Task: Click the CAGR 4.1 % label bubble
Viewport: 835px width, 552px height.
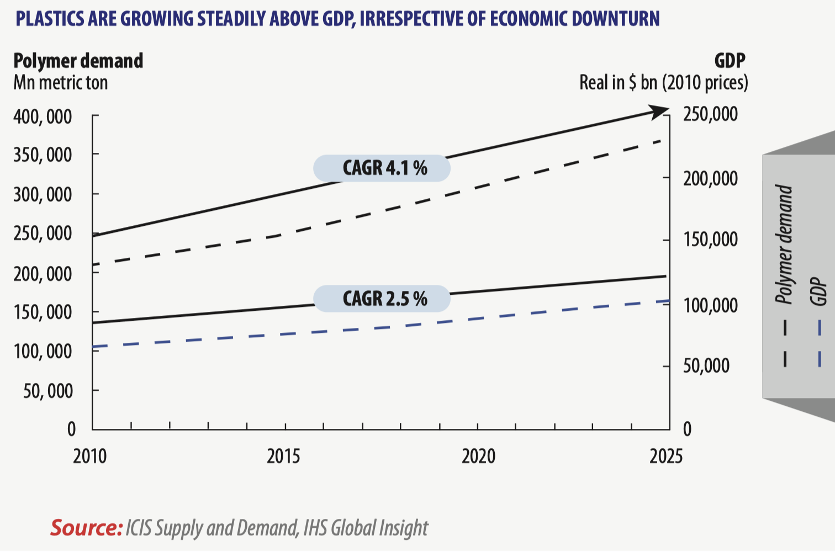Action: [x=382, y=168]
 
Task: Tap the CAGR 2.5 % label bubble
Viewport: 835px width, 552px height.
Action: [x=382, y=299]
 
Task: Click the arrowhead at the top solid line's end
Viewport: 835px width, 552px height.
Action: [x=659, y=112]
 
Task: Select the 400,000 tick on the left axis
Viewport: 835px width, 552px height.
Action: [x=43, y=116]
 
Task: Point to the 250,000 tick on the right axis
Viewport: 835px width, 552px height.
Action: [x=710, y=114]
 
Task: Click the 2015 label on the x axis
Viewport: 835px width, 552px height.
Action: [x=283, y=457]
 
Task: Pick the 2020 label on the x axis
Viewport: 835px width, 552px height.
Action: [x=478, y=457]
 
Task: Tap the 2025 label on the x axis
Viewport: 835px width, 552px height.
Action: [x=665, y=457]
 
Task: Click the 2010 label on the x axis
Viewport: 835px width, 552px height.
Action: [x=90, y=457]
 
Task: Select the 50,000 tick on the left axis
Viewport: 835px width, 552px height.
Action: [x=48, y=391]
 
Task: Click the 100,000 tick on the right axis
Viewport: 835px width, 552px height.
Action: [x=710, y=305]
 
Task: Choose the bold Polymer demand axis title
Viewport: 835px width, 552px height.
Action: [x=78, y=61]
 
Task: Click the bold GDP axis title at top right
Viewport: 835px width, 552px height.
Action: [x=730, y=61]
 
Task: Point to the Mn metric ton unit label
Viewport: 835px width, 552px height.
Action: [x=61, y=83]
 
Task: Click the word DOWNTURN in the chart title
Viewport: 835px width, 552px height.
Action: [x=616, y=19]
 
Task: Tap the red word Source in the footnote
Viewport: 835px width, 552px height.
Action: [x=86, y=528]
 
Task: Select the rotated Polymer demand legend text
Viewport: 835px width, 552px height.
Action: [x=784, y=245]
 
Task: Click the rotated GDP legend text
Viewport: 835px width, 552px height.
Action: [x=818, y=291]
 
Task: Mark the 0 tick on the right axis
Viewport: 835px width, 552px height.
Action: [x=687, y=429]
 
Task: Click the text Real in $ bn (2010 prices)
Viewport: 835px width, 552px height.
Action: [x=664, y=83]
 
